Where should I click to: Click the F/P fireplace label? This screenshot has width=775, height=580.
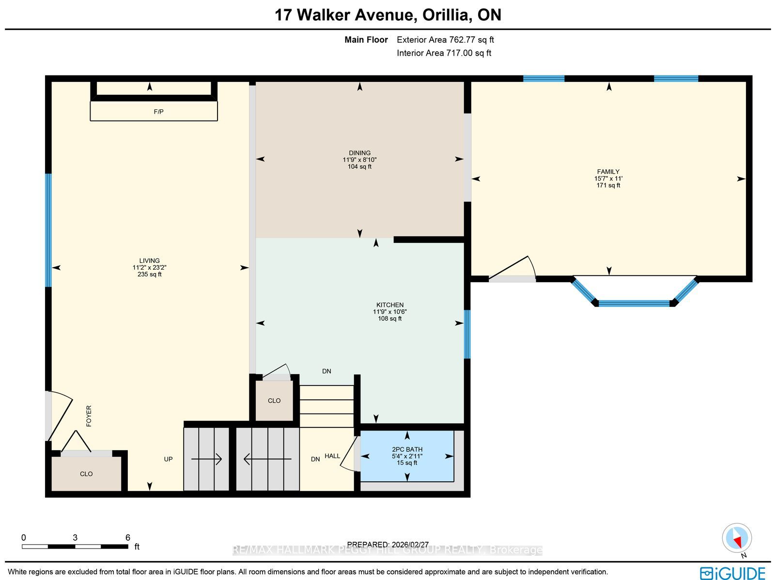tap(158, 112)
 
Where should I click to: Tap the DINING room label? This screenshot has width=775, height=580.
tap(359, 153)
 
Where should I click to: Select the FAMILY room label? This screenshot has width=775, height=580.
tap(608, 172)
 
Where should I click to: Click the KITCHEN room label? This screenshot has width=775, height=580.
tap(390, 305)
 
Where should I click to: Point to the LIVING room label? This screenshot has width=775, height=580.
tap(149, 261)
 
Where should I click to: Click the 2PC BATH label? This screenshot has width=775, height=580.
tap(407, 449)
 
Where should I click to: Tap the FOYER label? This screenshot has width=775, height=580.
tap(89, 416)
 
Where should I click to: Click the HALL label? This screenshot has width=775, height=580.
tap(332, 456)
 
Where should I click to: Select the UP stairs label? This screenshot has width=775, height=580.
tap(168, 459)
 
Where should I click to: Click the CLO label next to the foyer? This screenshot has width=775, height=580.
tap(86, 474)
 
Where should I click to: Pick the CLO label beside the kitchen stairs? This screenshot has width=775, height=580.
tap(274, 400)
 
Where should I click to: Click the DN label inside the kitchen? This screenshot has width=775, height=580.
tap(326, 371)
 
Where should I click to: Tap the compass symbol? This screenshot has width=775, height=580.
tap(737, 538)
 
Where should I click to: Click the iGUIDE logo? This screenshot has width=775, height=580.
tap(733, 573)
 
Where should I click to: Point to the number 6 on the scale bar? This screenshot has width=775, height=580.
tap(128, 538)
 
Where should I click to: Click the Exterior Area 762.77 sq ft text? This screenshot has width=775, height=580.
tap(445, 40)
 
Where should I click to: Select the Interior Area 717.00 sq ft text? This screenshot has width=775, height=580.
tap(444, 53)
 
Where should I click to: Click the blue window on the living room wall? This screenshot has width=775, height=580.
tap(48, 230)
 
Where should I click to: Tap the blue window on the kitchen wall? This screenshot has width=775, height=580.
tap(467, 334)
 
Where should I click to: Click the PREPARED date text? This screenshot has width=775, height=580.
tap(387, 545)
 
